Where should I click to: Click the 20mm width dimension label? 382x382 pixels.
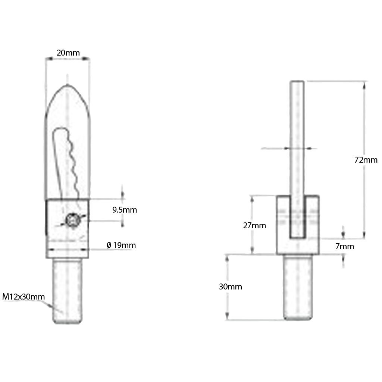pos(68,53)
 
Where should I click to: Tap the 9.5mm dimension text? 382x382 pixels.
pos(125,210)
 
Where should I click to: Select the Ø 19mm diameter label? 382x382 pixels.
pos(121,245)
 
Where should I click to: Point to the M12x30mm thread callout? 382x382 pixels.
pos(24,297)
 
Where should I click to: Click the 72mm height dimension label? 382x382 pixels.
pos(366,160)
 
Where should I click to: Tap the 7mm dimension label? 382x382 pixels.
pos(344,246)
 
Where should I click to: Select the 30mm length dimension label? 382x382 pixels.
pos(230,286)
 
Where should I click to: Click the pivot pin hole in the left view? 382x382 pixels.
pos(72,221)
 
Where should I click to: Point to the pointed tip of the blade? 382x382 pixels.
pos(67,86)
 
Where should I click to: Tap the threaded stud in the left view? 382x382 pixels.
pos(67,291)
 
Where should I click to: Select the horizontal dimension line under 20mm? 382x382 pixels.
pos(67,59)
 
